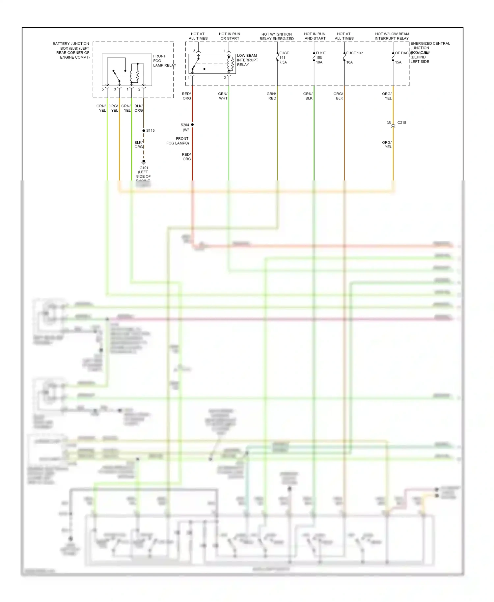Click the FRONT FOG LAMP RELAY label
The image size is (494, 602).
(164, 61)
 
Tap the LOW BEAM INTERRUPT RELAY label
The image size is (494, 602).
(247, 60)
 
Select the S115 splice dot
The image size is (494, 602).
(144, 131)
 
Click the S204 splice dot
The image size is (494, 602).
(192, 124)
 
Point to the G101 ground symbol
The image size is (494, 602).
(144, 162)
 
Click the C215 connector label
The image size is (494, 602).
(401, 123)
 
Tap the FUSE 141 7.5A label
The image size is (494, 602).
(284, 58)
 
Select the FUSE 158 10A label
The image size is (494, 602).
(320, 58)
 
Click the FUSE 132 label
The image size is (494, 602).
(354, 53)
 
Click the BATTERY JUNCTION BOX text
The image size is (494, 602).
(71, 50)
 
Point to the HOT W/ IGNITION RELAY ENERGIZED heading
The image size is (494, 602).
(276, 36)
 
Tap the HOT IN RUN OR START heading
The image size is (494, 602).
(230, 36)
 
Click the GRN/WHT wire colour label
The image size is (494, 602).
(223, 96)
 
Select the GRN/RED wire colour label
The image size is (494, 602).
(272, 96)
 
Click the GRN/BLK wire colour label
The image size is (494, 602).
(308, 96)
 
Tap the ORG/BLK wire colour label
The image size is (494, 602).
(339, 96)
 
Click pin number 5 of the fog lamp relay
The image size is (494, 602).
(103, 89)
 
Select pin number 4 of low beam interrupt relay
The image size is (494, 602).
(189, 78)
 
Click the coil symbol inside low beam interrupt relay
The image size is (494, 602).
(231, 64)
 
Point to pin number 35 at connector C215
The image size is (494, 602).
(389, 123)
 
